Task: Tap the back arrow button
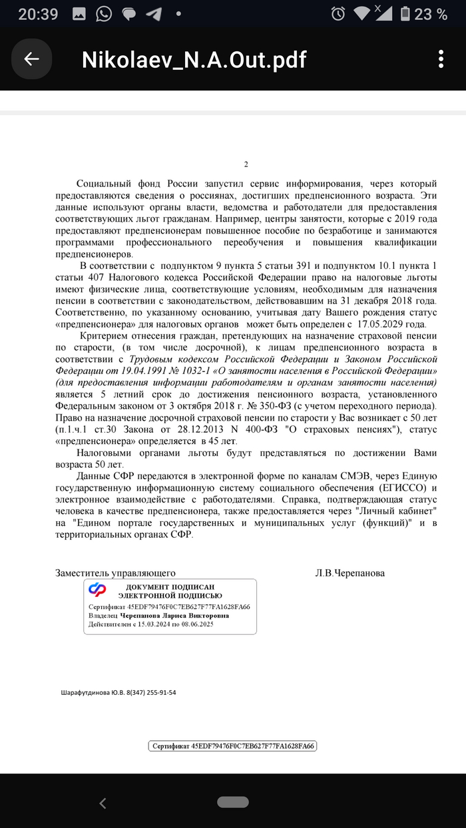pos(31,59)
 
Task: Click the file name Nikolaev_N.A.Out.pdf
pos(194,60)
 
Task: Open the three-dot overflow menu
pos(439,59)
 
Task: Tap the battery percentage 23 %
pos(431,14)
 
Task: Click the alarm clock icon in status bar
pos(338,14)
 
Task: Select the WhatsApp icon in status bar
pos(103,14)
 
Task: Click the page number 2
pos(246,164)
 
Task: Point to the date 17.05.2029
pos(398,324)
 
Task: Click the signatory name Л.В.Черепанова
pos(349,573)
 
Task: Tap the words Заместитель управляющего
pos(115,573)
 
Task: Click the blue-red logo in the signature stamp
pos(98,589)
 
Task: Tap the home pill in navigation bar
pos(232,802)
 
